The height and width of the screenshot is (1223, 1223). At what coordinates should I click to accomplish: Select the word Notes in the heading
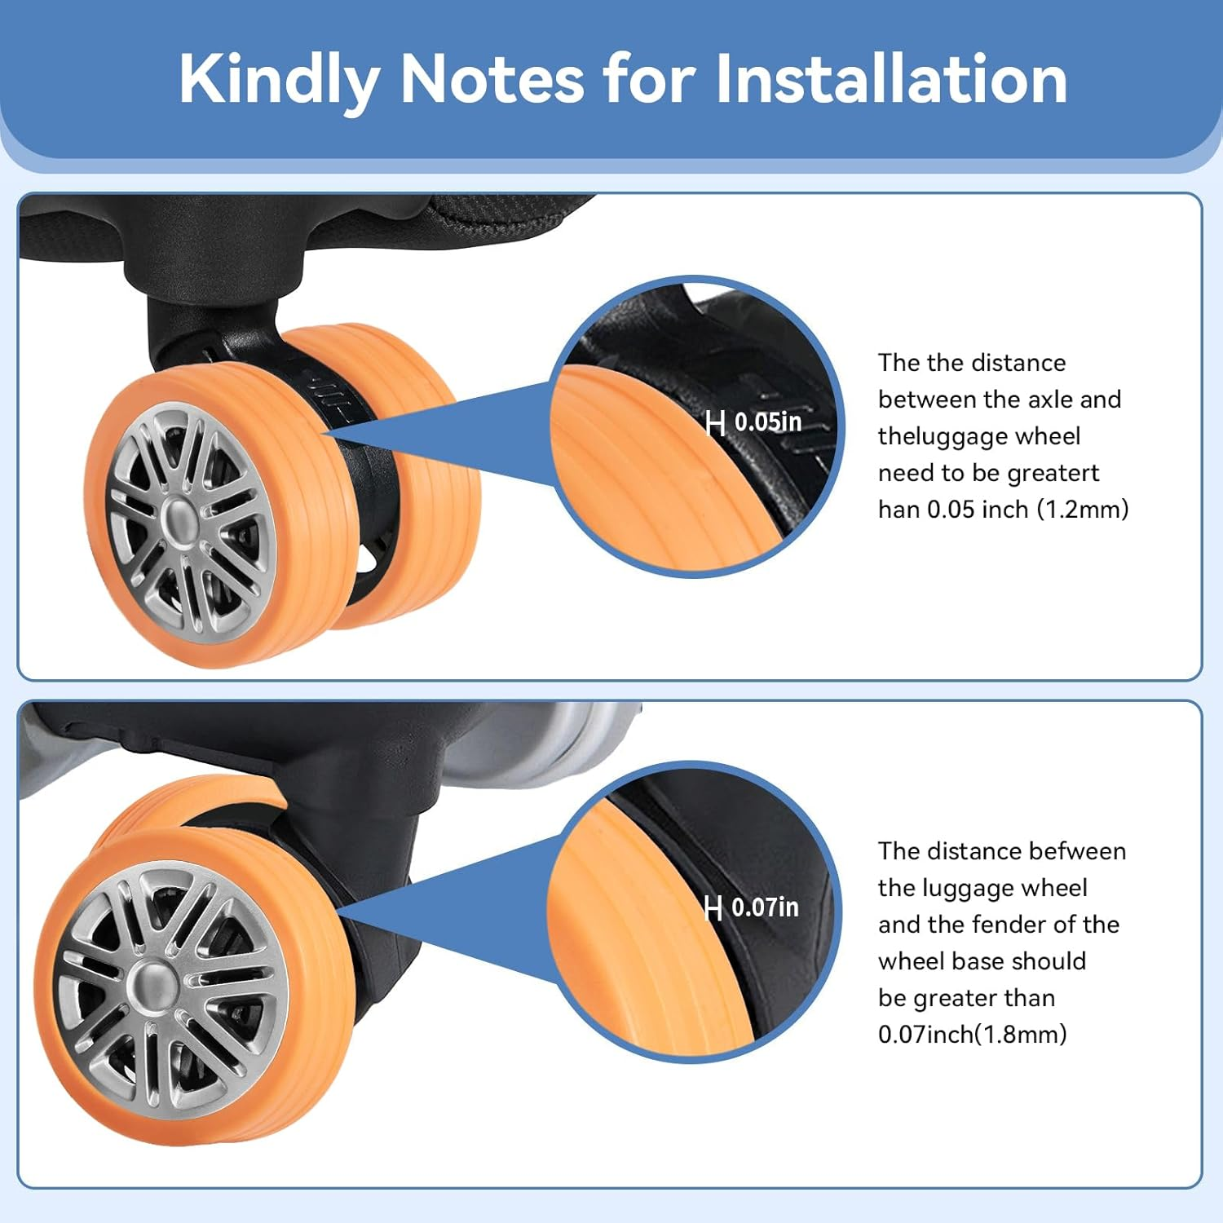[x=492, y=79]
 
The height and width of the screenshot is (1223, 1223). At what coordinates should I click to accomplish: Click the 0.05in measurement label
[x=768, y=422]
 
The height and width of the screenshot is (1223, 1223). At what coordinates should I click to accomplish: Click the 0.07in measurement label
[x=765, y=907]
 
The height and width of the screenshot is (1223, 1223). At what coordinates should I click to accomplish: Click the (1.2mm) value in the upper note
[x=1083, y=510]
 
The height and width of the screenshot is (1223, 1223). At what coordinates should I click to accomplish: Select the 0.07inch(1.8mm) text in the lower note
[x=973, y=1035]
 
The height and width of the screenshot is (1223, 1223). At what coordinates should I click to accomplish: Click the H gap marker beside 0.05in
[x=716, y=423]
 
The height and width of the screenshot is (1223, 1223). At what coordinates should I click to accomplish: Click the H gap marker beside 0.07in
[x=713, y=907]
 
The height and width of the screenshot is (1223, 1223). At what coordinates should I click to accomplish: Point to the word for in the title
[x=650, y=79]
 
